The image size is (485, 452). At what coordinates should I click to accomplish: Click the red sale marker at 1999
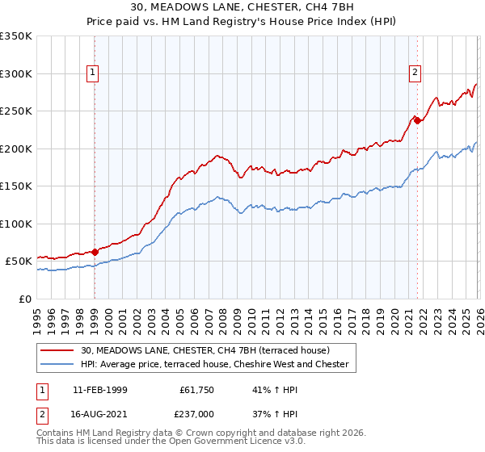coord(95,252)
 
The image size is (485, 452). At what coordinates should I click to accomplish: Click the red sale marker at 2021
coord(417,121)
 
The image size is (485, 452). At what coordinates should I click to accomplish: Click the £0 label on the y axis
coord(26,299)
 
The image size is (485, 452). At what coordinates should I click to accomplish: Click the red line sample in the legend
coord(58,350)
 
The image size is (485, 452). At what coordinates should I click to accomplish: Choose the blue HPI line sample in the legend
coord(58,365)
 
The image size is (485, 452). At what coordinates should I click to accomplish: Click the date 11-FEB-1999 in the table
coord(99,389)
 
